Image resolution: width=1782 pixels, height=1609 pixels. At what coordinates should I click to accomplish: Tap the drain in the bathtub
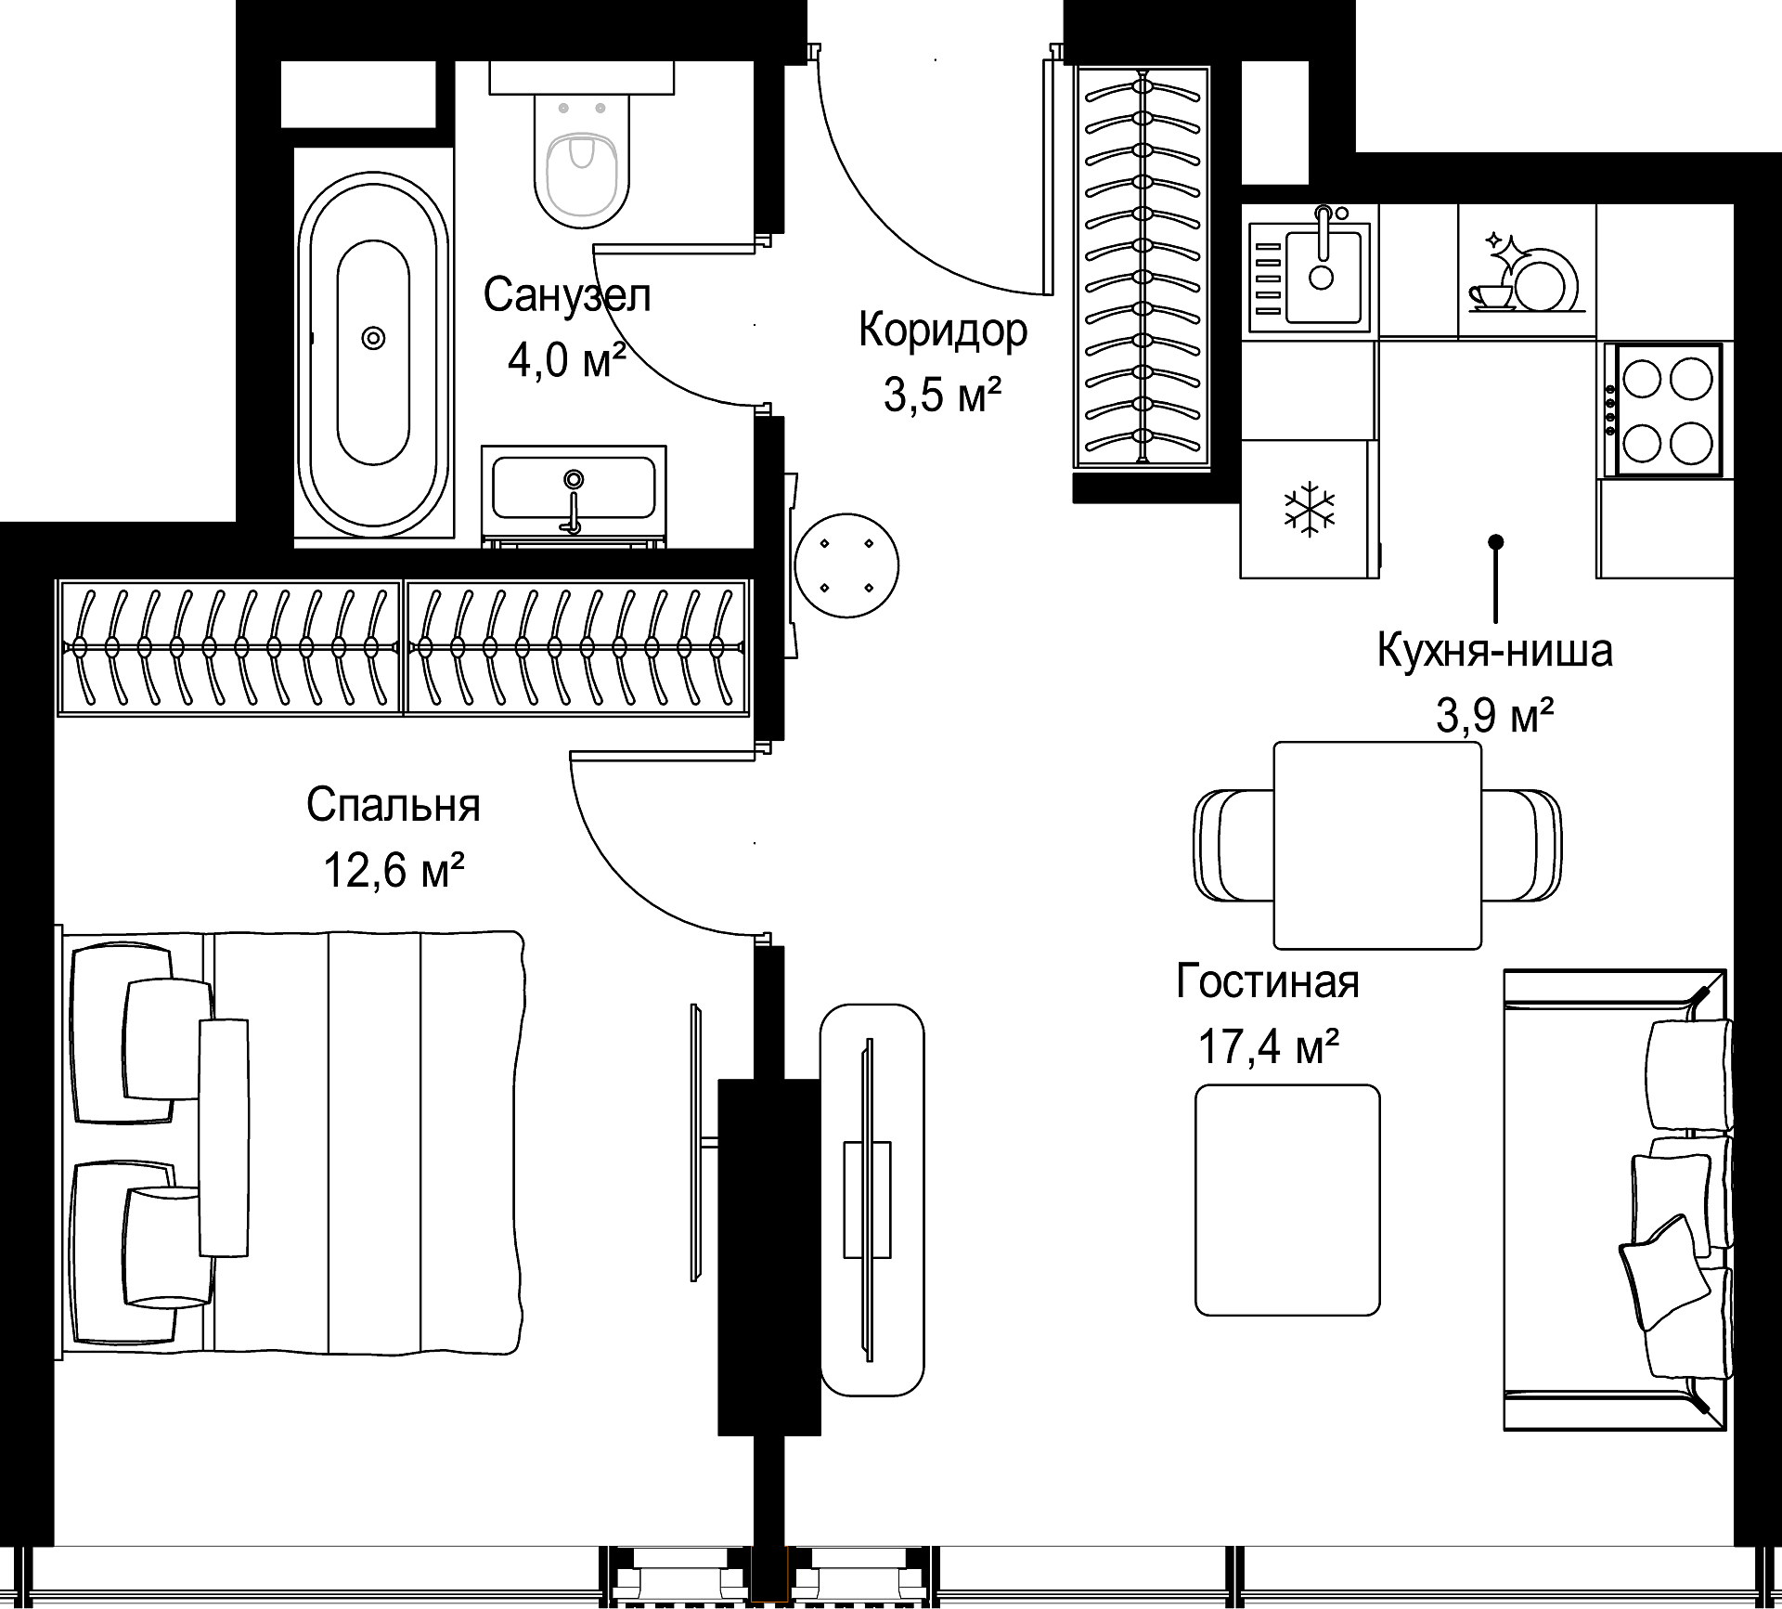[374, 338]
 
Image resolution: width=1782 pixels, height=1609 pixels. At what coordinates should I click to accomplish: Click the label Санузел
[567, 295]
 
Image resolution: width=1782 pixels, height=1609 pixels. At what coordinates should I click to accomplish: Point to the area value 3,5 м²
[942, 395]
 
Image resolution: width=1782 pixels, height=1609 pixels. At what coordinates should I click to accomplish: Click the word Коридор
[943, 330]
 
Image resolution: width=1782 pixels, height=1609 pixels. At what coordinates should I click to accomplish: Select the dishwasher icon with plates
[1527, 270]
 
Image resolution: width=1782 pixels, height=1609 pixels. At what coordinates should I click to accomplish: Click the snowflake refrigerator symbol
[1309, 509]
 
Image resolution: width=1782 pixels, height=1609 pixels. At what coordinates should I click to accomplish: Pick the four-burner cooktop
[1668, 409]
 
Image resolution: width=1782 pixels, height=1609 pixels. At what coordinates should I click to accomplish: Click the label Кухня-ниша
[1494, 651]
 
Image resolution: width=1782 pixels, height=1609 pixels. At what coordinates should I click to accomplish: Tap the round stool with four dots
[846, 565]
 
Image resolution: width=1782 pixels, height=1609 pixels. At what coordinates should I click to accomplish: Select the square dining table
[1377, 845]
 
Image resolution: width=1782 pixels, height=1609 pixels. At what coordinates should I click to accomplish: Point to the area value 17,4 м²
[1268, 1047]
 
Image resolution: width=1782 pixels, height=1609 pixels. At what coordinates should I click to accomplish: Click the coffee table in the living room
[1287, 1200]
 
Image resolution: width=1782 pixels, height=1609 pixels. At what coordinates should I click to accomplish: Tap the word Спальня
[394, 805]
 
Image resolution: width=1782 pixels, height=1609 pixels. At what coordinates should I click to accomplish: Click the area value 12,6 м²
[394, 871]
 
